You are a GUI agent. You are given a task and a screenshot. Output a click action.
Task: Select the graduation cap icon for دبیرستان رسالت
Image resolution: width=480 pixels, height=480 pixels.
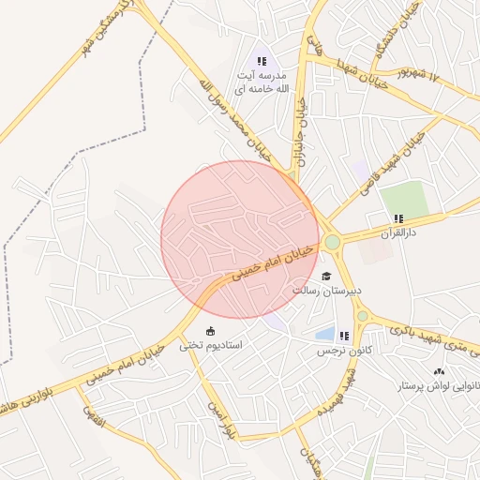pos(326,276)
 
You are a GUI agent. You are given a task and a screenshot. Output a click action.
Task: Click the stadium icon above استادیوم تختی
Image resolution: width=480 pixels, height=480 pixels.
pos(210,330)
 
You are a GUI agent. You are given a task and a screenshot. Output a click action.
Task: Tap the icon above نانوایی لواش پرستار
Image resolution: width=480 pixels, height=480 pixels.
pos(441,371)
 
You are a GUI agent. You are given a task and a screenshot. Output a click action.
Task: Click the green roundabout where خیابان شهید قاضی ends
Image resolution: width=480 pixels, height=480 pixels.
pos(332,243)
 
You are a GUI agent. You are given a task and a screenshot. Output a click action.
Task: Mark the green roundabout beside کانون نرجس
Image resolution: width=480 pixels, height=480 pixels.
pos(362,317)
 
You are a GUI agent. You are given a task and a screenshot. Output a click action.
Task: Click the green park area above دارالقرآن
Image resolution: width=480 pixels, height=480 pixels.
pos(404,200)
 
